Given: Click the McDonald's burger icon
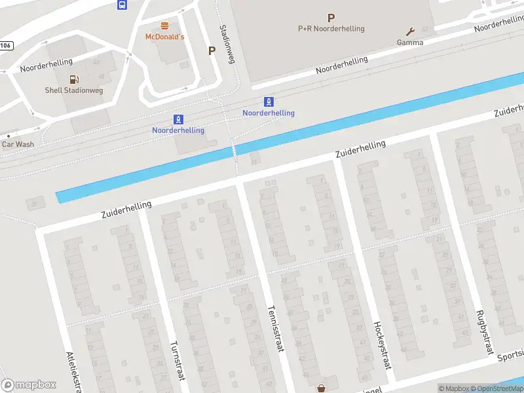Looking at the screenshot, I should pyautogui.click(x=164, y=26).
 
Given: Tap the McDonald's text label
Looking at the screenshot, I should pyautogui.click(x=164, y=37).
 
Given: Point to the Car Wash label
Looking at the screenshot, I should pyautogui.click(x=18, y=144).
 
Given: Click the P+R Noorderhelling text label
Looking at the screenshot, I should pyautogui.click(x=331, y=29).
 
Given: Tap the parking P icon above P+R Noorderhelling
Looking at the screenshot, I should pyautogui.click(x=331, y=18).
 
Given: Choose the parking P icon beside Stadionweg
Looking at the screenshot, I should pyautogui.click(x=212, y=50).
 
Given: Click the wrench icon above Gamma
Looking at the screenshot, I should pyautogui.click(x=410, y=31).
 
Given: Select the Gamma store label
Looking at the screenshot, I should pyautogui.click(x=410, y=43).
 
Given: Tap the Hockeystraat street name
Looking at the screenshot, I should pyautogui.click(x=382, y=345).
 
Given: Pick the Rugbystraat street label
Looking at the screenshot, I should pyautogui.click(x=485, y=333).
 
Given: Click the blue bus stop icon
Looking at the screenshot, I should pyautogui.click(x=122, y=5).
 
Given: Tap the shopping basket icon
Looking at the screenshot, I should pyautogui.click(x=321, y=388).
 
